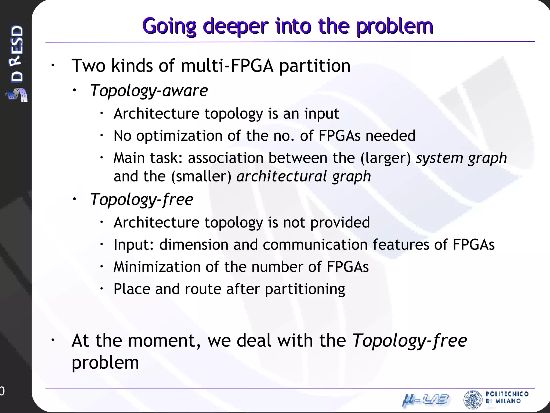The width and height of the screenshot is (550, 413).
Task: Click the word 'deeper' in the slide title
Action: point(236,26)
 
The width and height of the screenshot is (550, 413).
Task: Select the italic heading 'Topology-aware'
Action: point(149,91)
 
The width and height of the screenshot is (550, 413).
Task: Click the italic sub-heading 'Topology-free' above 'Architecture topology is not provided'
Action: point(142,200)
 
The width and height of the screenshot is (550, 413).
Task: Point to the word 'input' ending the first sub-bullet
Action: point(321,113)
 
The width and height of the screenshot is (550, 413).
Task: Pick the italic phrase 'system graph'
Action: point(461,158)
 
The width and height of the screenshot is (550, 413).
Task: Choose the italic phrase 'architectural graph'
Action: point(303,176)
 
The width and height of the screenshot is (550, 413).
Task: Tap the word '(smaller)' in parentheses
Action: point(201,176)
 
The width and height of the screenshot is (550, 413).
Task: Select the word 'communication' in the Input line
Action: point(315,245)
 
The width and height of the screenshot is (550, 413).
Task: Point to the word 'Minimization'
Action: point(157,267)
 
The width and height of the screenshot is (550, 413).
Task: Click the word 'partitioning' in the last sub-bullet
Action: point(305,289)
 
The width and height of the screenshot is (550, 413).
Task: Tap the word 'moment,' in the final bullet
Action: point(164,340)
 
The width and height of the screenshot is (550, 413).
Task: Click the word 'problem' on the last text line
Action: point(105,363)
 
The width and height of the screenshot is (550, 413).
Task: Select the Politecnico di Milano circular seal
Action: point(473,399)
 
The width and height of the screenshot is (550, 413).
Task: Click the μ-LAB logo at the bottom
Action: point(425,400)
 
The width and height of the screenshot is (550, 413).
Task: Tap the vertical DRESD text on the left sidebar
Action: point(17,54)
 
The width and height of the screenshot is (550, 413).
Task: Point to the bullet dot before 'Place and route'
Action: point(102,289)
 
